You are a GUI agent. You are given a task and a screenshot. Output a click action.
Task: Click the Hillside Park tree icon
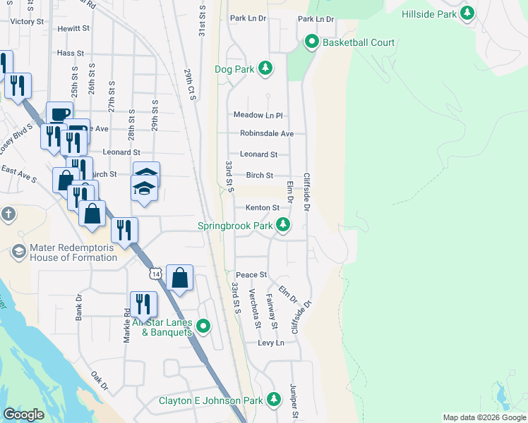(467, 14)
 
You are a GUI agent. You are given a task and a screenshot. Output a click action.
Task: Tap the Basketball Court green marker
(311, 42)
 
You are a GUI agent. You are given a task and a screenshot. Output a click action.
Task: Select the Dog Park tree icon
(265, 68)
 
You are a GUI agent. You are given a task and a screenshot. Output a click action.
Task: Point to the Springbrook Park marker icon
(282, 226)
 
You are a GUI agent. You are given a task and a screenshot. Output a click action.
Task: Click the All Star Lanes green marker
(204, 326)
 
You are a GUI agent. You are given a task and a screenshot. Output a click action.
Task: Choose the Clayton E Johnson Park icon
(274, 400)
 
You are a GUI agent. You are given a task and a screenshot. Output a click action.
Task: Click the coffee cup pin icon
(59, 114)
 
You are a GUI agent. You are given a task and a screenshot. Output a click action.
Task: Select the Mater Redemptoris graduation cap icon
(18, 251)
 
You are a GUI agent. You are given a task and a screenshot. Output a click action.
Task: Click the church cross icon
(8, 214)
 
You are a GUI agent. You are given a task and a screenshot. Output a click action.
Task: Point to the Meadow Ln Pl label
(258, 115)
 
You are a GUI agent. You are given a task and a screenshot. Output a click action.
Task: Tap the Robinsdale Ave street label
(266, 133)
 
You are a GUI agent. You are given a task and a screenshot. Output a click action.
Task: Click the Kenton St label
(263, 208)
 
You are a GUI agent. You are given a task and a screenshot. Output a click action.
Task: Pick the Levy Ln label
(270, 343)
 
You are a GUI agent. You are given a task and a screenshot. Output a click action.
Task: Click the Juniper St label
(293, 401)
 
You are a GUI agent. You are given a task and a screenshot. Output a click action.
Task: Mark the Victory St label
(27, 22)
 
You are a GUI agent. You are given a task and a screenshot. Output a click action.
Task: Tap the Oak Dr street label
(100, 381)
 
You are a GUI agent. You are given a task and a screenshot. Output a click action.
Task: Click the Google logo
(24, 415)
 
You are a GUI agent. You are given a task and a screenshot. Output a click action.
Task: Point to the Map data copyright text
(484, 417)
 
